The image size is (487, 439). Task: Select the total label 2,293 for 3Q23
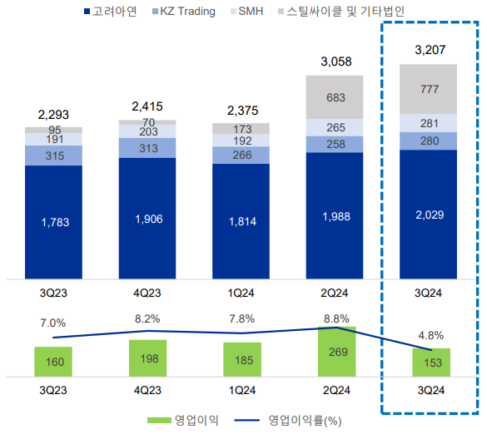(x=53, y=115)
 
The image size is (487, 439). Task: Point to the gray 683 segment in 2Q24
(x=335, y=97)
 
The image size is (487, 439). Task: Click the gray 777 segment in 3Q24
(x=430, y=89)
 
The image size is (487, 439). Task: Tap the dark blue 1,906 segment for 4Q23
(x=147, y=218)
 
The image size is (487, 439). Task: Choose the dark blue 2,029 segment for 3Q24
(x=430, y=215)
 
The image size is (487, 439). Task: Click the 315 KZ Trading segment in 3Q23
(x=53, y=156)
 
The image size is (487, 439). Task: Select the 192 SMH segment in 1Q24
(x=241, y=141)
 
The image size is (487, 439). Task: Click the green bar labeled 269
(x=335, y=353)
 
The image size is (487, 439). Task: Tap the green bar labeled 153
(x=430, y=363)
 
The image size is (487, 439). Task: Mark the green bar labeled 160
(x=53, y=362)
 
